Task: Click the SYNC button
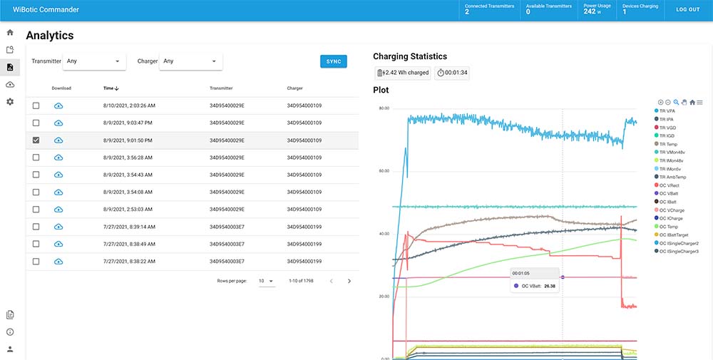point(333,61)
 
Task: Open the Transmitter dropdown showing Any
point(94,61)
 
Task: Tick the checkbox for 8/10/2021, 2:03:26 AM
point(36,106)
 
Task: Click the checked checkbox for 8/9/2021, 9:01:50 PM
point(36,140)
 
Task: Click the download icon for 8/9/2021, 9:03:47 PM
point(58,123)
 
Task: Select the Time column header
point(110,88)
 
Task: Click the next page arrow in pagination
point(349,282)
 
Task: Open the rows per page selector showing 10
point(266,282)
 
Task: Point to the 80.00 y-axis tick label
point(384,108)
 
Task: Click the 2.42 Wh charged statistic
point(403,73)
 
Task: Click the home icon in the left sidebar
point(10,33)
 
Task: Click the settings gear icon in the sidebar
point(10,102)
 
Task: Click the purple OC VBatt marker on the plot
point(563,277)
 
